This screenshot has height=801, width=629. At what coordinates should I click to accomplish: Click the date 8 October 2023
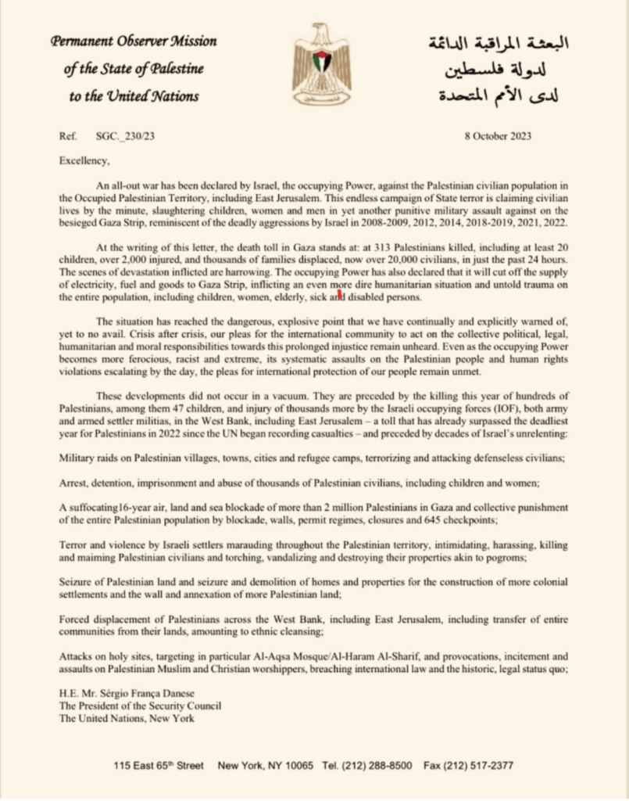click(x=498, y=135)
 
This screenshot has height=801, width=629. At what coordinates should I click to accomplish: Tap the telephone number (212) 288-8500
click(x=377, y=765)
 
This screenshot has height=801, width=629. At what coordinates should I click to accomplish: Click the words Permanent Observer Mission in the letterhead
click(x=134, y=41)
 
